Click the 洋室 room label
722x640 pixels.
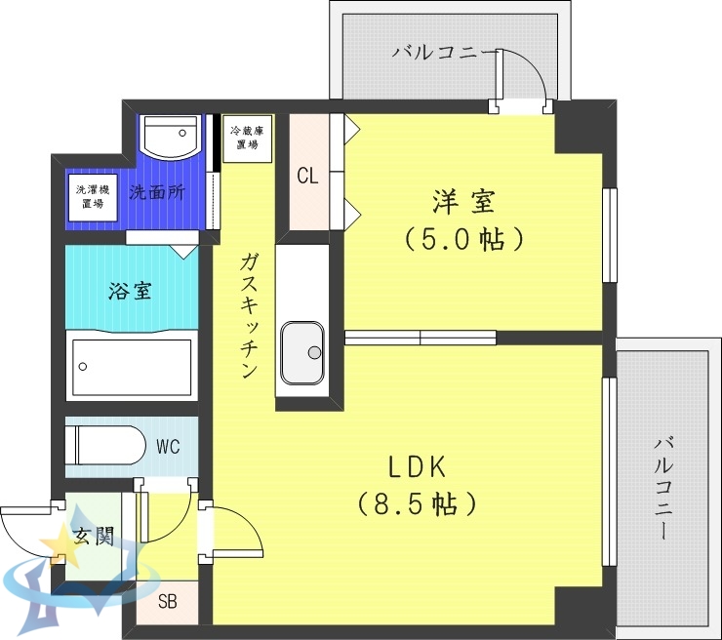coord(464,202)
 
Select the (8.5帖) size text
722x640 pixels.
coord(418,503)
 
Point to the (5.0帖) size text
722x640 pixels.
coord(464,238)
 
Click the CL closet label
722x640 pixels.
coord(307,177)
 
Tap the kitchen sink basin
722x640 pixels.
coord(303,352)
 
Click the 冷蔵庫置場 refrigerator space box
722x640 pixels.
coord(247,138)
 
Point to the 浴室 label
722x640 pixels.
coord(130,290)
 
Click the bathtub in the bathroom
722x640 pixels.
coord(132,366)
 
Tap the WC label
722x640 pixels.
coord(167,449)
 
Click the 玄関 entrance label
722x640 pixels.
coord(94,536)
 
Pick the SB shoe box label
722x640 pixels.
coord(168,601)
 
